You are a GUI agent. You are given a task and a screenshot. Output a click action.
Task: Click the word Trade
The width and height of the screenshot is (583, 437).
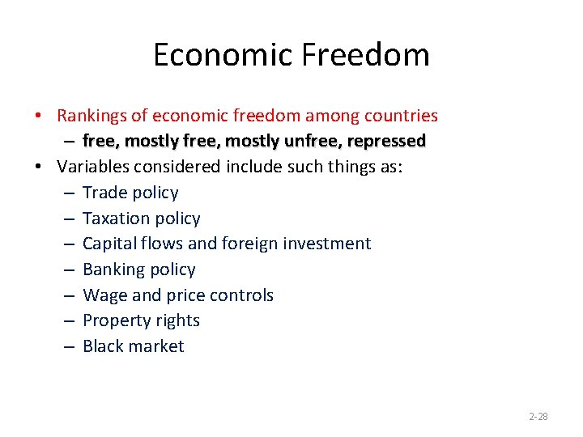pos(103,193)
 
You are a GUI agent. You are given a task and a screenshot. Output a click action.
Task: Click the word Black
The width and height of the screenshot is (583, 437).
pos(103,346)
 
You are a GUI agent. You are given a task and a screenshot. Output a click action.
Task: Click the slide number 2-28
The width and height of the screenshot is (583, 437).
pos(538,417)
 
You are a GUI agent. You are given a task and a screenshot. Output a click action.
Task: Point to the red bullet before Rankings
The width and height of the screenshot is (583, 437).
pos(39,116)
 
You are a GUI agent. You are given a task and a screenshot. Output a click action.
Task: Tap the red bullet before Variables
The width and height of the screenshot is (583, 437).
pos(39,167)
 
